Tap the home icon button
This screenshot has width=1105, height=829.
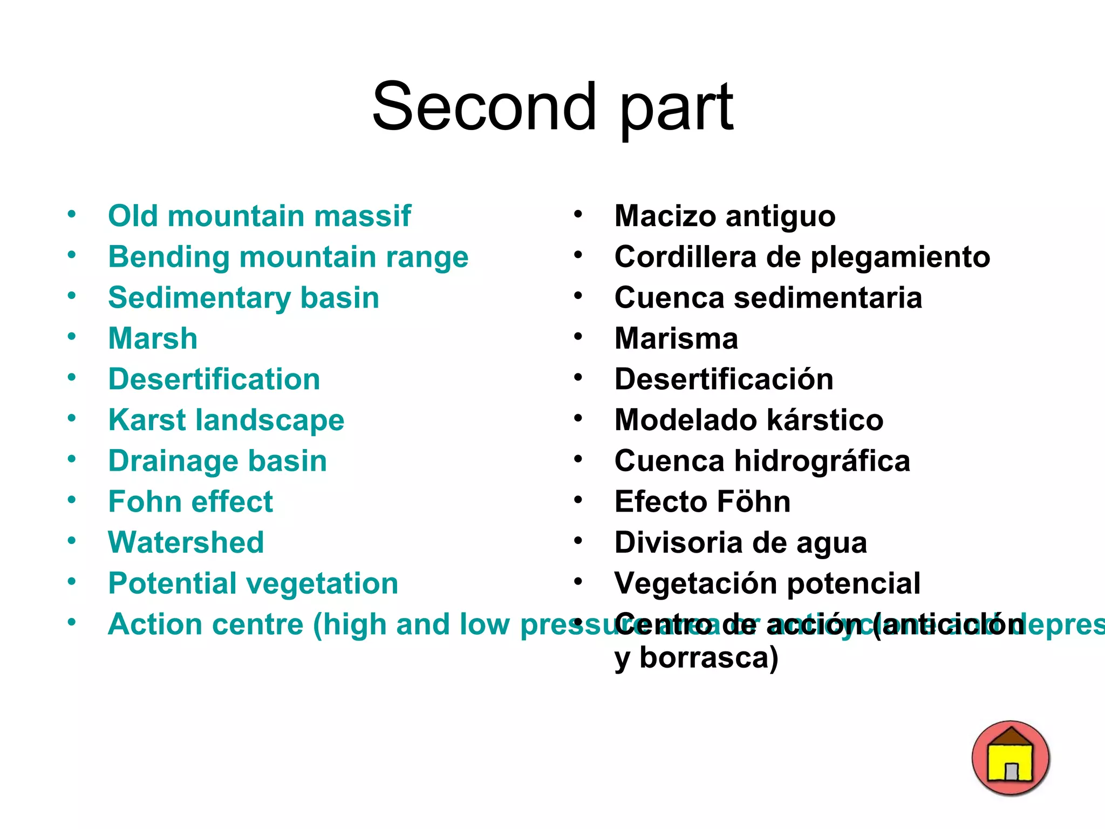point(1010,758)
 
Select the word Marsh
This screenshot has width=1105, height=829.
point(153,338)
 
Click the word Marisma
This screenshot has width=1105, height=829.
point(676,338)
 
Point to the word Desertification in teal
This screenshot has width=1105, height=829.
point(214,379)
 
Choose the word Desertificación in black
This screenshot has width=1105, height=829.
point(724,379)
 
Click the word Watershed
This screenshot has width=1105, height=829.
point(186,542)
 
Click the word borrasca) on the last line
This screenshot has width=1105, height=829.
point(708,658)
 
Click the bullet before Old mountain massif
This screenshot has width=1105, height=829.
point(71,214)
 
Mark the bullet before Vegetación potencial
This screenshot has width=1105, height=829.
point(578,582)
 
